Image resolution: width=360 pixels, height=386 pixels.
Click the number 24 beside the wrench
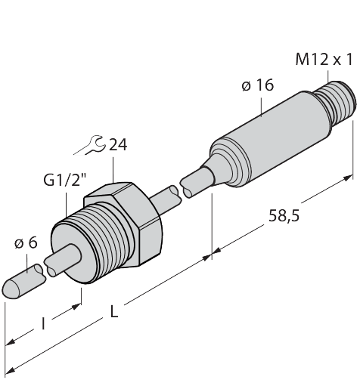click(117, 145)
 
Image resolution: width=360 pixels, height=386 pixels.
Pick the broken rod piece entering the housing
click(198, 183)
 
